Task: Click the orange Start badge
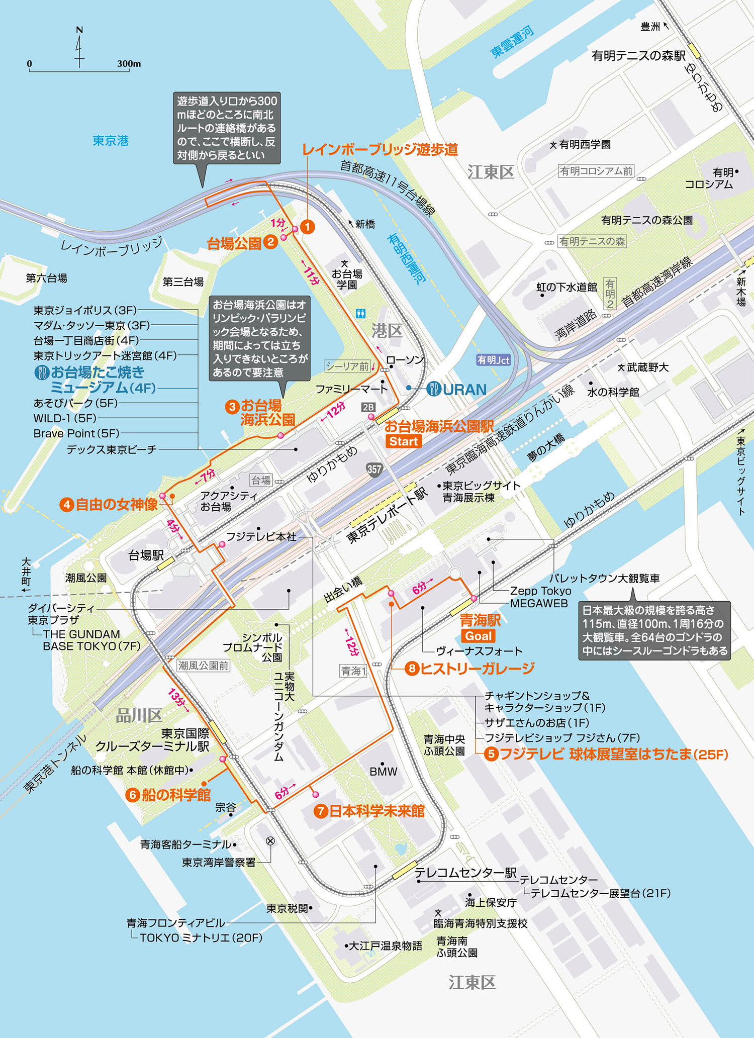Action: tap(404, 441)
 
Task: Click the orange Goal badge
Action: tap(478, 636)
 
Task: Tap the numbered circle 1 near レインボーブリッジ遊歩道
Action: tap(307, 227)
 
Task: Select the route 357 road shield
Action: tap(374, 469)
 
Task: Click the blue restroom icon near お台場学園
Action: tap(360, 314)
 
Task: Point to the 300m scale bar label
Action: tap(129, 64)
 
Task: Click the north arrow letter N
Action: tap(79, 30)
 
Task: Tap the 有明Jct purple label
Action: tap(493, 360)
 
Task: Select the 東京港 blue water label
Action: tap(111, 141)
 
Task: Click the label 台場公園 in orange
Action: tap(234, 244)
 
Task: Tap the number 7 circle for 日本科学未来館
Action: tap(321, 811)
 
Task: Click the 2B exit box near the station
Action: tap(368, 407)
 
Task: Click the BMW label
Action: tap(383, 772)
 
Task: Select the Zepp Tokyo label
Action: tap(540, 591)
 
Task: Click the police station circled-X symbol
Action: tap(270, 841)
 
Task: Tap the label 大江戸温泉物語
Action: tap(385, 946)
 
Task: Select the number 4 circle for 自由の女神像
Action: tap(66, 505)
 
